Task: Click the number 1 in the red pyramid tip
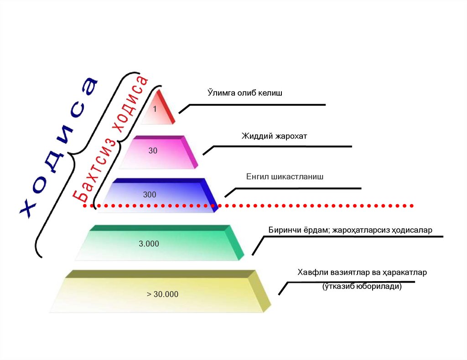[155, 109]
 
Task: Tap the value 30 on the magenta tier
[153, 150]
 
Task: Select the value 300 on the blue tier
[150, 195]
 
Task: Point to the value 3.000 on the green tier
[149, 243]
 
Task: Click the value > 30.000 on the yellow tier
[163, 294]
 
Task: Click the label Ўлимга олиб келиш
[245, 93]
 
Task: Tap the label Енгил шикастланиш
[285, 176]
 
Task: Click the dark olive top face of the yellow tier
[160, 274]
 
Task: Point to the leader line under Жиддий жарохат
[283, 146]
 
